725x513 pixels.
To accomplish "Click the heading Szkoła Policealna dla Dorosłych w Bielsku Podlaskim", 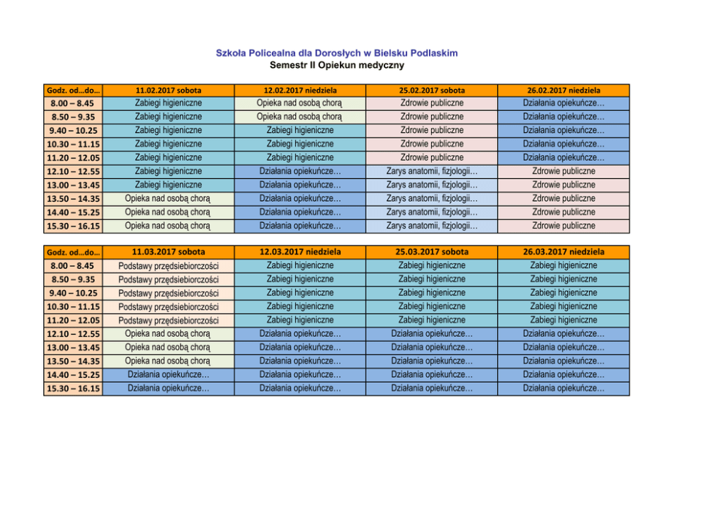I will (x=337, y=53).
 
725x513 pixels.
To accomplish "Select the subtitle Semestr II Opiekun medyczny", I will (x=337, y=64).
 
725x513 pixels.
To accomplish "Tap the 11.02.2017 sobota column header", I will (x=168, y=90).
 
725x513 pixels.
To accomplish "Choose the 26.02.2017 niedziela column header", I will (x=563, y=90).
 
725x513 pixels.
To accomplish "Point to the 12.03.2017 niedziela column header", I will (x=300, y=251).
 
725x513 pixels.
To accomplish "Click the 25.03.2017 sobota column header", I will (x=431, y=251).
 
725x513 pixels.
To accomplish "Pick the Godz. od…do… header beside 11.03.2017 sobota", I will (x=73, y=252).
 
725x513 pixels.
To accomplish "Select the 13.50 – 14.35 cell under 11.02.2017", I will (x=168, y=198).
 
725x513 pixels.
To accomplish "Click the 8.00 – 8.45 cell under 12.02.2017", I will (x=300, y=103).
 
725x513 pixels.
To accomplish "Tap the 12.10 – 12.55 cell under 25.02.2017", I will (x=431, y=171).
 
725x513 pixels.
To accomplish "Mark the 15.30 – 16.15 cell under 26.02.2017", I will (x=563, y=226).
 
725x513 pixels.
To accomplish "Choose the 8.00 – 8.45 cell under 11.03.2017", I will (x=168, y=265).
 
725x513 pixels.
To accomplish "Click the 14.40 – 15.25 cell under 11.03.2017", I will (x=168, y=374).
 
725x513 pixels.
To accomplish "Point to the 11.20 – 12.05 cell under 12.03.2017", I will (x=300, y=319).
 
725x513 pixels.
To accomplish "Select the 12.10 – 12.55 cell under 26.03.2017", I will (x=563, y=333).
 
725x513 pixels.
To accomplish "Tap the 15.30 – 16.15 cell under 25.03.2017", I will (x=431, y=388).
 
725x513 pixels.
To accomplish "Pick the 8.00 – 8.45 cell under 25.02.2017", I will (x=431, y=103).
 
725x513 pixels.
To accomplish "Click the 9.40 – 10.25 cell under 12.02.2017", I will (x=300, y=130).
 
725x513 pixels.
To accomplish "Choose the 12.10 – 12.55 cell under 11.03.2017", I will (x=168, y=333).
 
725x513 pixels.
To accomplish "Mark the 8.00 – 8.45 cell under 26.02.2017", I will (x=563, y=103).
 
